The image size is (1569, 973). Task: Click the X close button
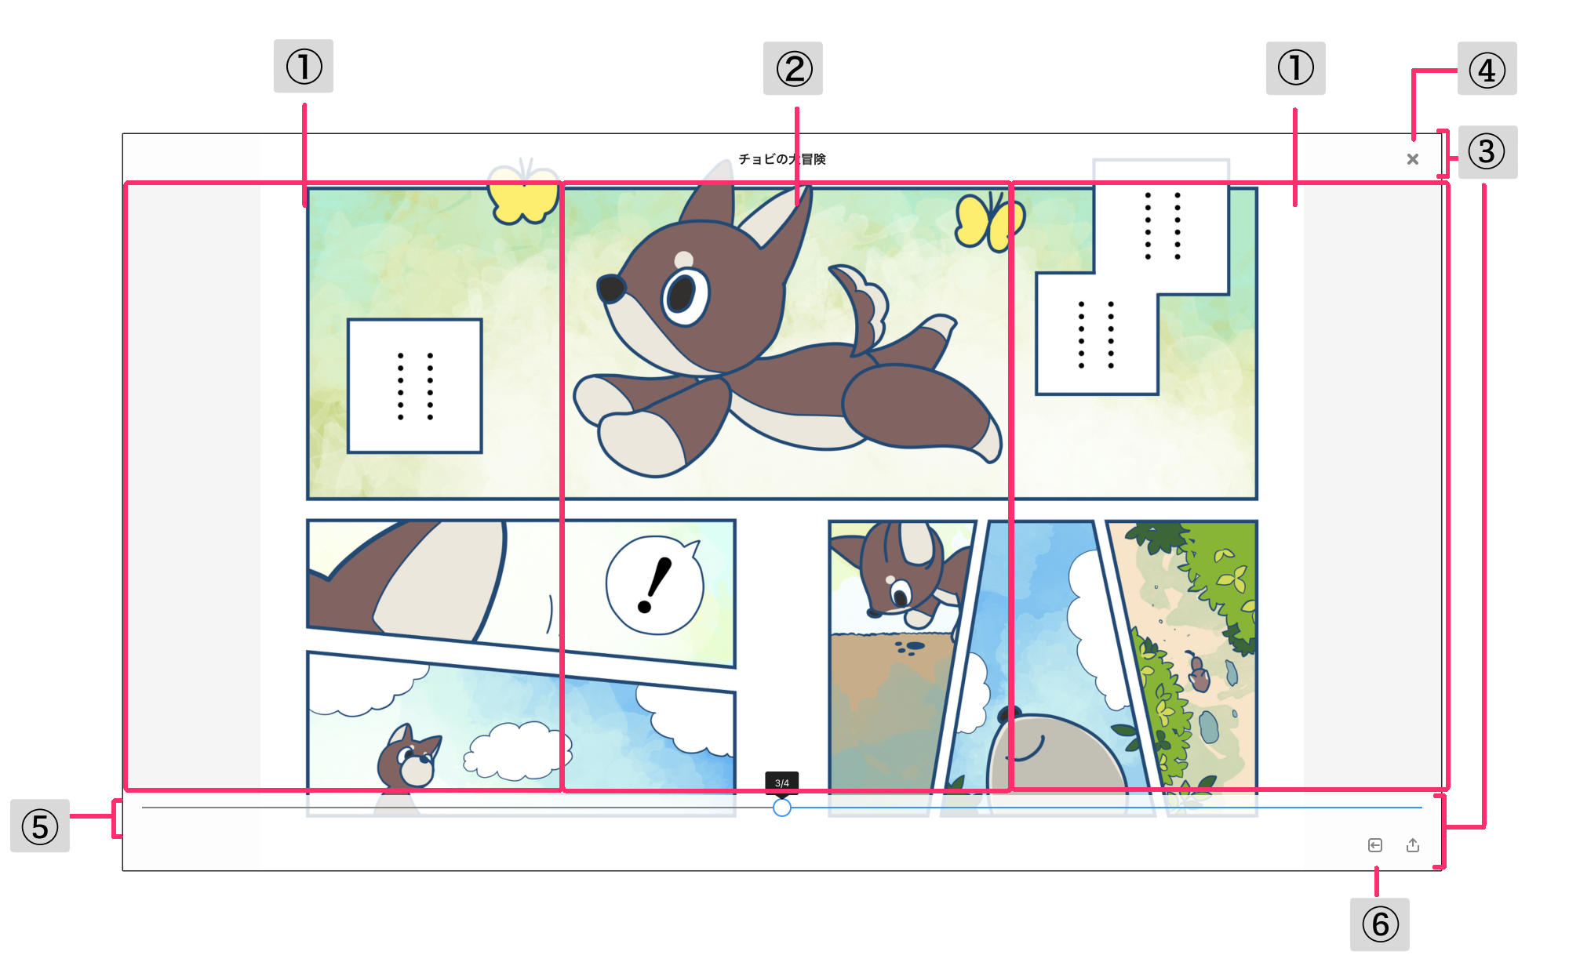(1413, 159)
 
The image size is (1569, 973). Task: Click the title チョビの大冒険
(782, 159)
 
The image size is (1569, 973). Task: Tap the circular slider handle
(782, 808)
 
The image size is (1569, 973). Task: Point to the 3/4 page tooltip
(782, 782)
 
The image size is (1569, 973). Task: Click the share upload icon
(1413, 844)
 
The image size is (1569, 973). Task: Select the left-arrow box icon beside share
(1375, 844)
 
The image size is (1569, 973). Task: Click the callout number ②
(793, 68)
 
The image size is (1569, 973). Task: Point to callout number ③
(1487, 152)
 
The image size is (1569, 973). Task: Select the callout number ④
(1487, 69)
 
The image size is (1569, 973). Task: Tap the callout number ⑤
(40, 826)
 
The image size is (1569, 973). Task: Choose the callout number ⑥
(1380, 924)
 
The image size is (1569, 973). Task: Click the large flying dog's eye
(684, 296)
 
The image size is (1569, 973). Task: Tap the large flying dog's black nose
(611, 289)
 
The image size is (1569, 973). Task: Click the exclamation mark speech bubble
(654, 584)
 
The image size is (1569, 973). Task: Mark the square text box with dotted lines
(415, 386)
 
